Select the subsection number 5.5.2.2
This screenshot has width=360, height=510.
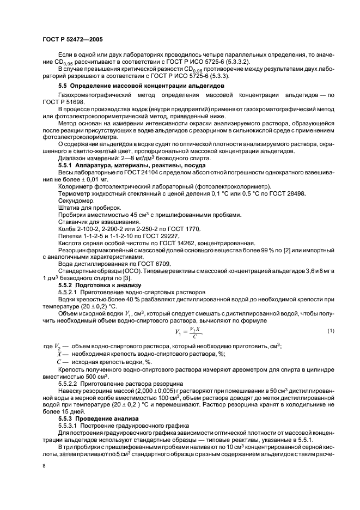point(70,382)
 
